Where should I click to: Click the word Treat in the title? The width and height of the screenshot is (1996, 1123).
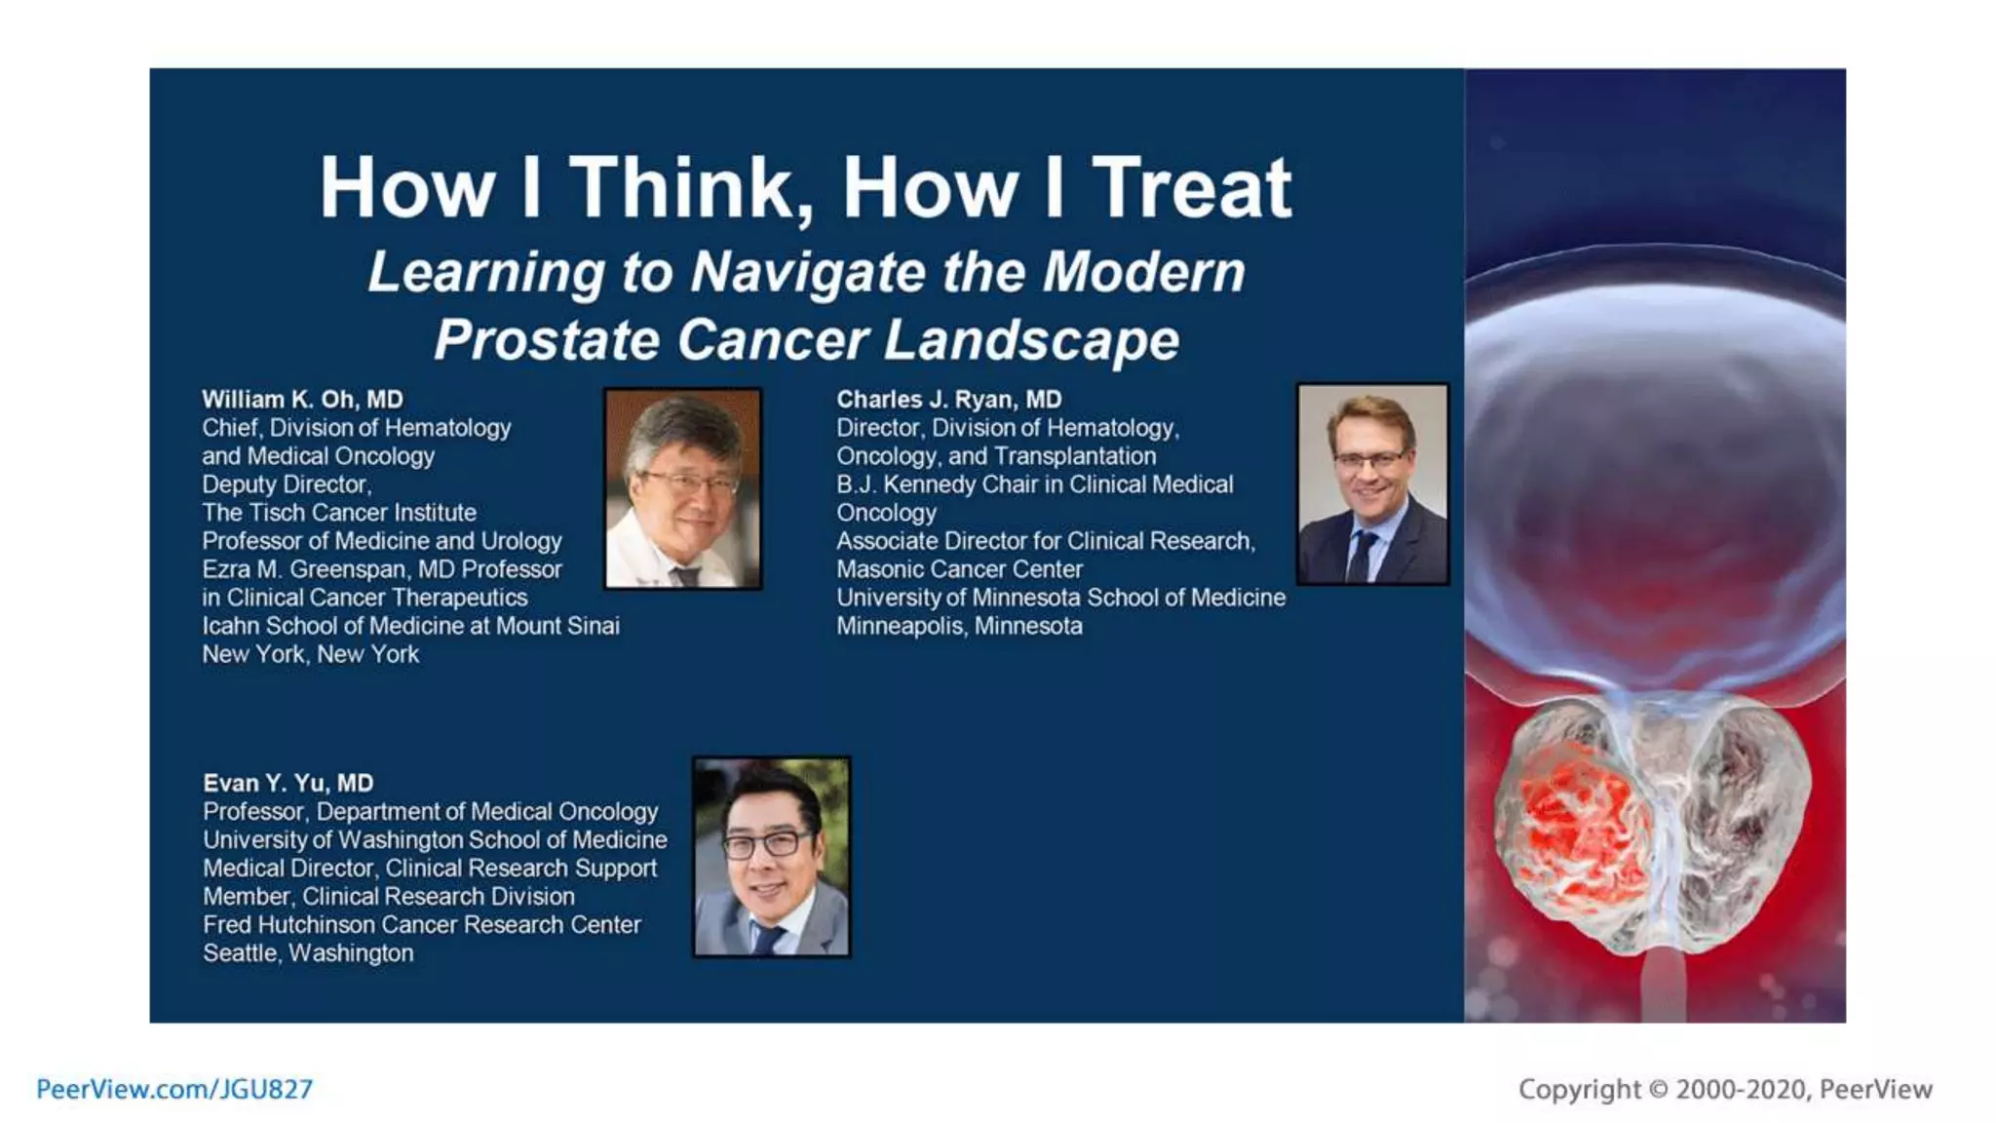[1191, 188]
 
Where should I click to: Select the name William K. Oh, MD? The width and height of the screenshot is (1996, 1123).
[302, 400]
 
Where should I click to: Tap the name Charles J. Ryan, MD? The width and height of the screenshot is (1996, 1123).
[948, 400]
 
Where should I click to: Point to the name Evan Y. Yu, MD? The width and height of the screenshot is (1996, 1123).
[288, 783]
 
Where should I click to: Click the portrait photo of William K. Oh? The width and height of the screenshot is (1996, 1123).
[683, 488]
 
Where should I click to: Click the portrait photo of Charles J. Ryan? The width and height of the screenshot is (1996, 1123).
[1372, 484]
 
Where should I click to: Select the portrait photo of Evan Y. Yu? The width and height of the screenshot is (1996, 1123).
[771, 857]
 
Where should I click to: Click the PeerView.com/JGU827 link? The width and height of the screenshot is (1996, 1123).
[174, 1089]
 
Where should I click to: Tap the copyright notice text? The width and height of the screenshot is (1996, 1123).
[1724, 1089]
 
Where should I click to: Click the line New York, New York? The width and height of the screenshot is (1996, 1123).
[310, 654]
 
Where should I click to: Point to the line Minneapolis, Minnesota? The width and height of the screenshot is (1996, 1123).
[959, 626]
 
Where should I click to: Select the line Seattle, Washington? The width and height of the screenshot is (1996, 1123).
[308, 952]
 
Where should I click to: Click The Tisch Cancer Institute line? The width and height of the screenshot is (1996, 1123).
[339, 513]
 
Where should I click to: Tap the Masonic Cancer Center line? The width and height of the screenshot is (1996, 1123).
[959, 569]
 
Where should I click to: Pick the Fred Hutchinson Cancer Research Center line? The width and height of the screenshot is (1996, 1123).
[421, 924]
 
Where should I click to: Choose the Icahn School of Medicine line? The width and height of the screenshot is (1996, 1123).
[410, 626]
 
